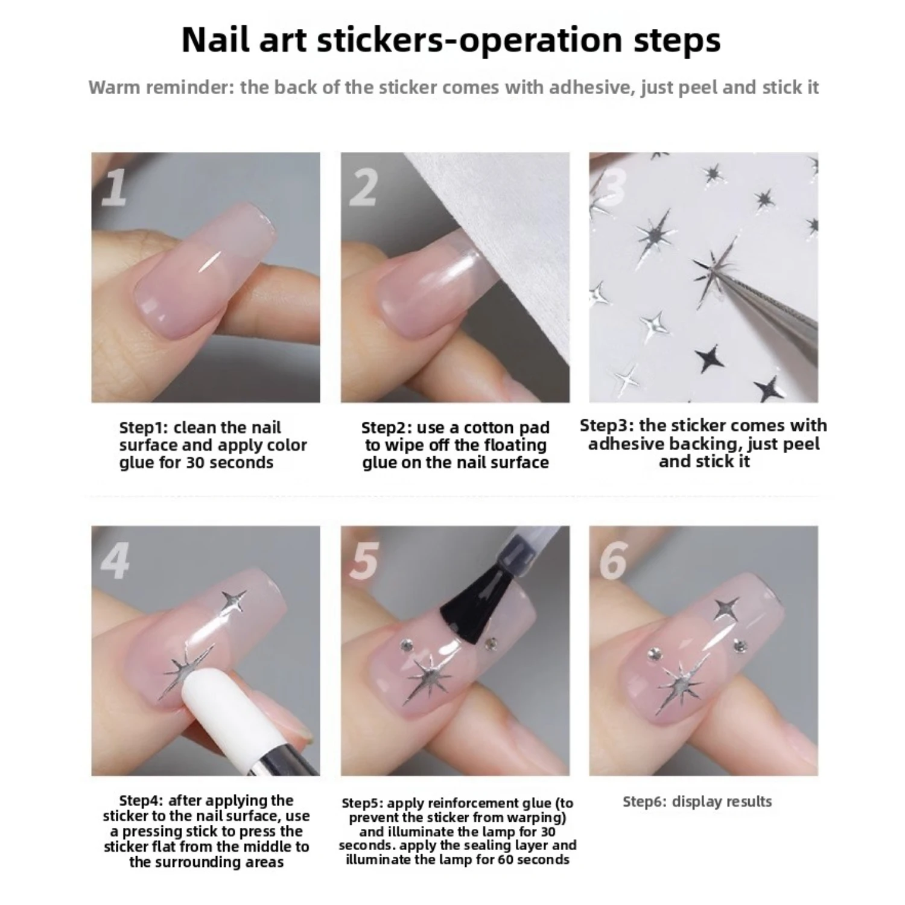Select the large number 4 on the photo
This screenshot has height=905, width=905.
115,560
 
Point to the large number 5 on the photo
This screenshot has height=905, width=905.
364,560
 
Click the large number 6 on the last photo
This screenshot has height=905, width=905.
614,560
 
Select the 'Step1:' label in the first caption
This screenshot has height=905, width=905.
144,428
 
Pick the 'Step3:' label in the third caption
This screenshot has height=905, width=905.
607,425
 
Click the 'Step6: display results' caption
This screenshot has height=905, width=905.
697,801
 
